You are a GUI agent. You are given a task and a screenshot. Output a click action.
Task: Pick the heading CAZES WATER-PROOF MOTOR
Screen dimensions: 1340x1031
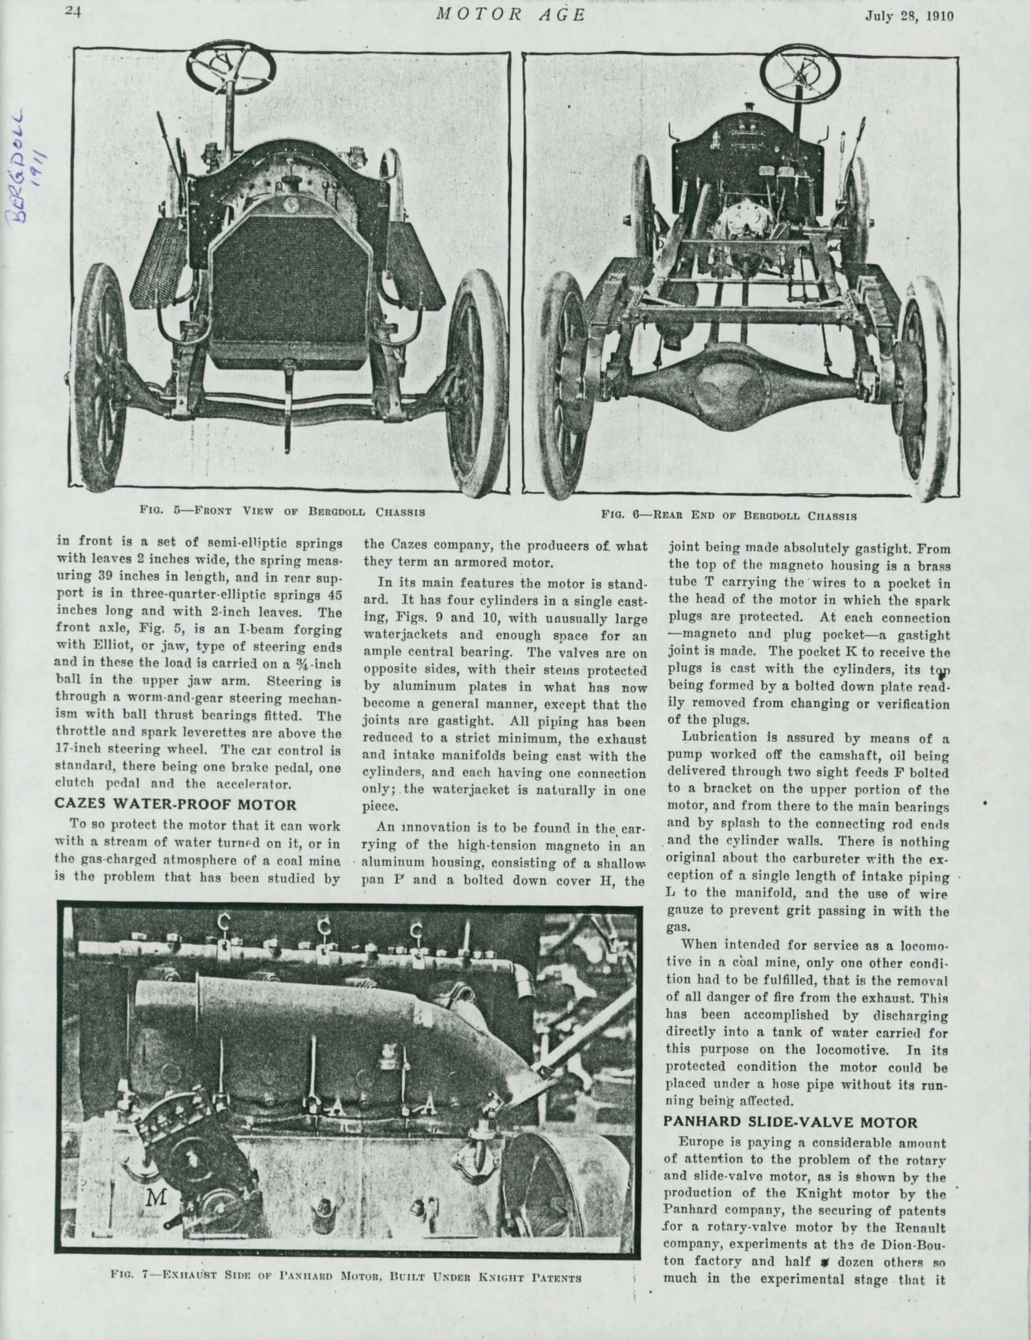175,804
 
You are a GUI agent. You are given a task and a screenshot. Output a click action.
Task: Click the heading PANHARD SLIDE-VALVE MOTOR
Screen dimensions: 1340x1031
791,1122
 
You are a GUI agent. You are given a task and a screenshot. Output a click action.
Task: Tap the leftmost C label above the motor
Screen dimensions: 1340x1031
224,923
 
